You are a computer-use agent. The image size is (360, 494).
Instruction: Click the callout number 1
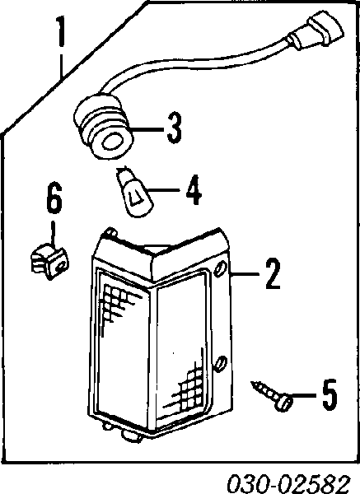[60, 31]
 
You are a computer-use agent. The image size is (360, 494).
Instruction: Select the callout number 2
[273, 273]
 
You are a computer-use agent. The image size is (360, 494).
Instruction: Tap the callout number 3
[175, 128]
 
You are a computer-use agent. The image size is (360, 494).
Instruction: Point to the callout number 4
[194, 189]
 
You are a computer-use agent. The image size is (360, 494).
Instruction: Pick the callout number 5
[330, 394]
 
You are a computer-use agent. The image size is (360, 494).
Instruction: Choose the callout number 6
[54, 198]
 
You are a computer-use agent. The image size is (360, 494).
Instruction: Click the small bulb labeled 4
[134, 193]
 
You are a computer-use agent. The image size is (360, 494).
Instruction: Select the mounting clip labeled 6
[49, 260]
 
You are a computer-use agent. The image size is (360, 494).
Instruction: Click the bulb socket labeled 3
[104, 129]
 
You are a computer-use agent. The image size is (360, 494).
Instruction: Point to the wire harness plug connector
[317, 31]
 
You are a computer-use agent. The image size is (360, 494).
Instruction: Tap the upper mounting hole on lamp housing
[220, 268]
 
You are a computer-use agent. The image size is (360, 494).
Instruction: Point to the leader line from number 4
[163, 190]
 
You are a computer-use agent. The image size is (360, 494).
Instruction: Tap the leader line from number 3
[148, 129]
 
